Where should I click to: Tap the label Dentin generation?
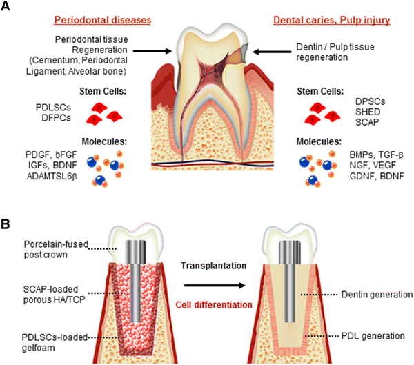click(x=377, y=295)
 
